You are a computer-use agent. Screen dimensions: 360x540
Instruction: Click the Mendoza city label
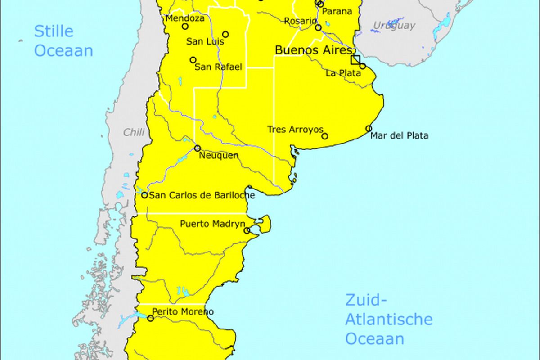(x=185, y=18)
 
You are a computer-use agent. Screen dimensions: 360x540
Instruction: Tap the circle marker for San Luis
(x=225, y=34)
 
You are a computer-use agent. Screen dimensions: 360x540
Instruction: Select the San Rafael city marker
(x=193, y=60)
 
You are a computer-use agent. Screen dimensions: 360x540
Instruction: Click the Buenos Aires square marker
(x=355, y=59)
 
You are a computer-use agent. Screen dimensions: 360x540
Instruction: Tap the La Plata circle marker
(x=363, y=66)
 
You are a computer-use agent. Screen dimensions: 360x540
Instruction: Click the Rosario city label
(x=300, y=21)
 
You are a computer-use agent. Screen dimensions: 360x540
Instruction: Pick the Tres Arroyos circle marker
(x=325, y=136)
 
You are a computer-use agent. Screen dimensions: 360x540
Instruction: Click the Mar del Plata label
(x=399, y=135)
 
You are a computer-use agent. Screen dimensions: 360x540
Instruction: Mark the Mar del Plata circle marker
(x=369, y=128)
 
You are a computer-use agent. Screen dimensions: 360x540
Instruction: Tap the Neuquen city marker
(x=197, y=148)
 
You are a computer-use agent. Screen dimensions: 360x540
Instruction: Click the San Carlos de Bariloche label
(x=202, y=195)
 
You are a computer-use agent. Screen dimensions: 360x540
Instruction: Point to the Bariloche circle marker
(x=144, y=195)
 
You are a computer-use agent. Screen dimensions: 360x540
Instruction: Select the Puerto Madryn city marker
(x=247, y=230)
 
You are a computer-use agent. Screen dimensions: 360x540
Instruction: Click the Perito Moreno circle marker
(x=150, y=318)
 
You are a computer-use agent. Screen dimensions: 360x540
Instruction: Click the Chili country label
(x=134, y=132)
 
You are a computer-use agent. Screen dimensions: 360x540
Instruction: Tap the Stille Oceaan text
(x=63, y=40)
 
